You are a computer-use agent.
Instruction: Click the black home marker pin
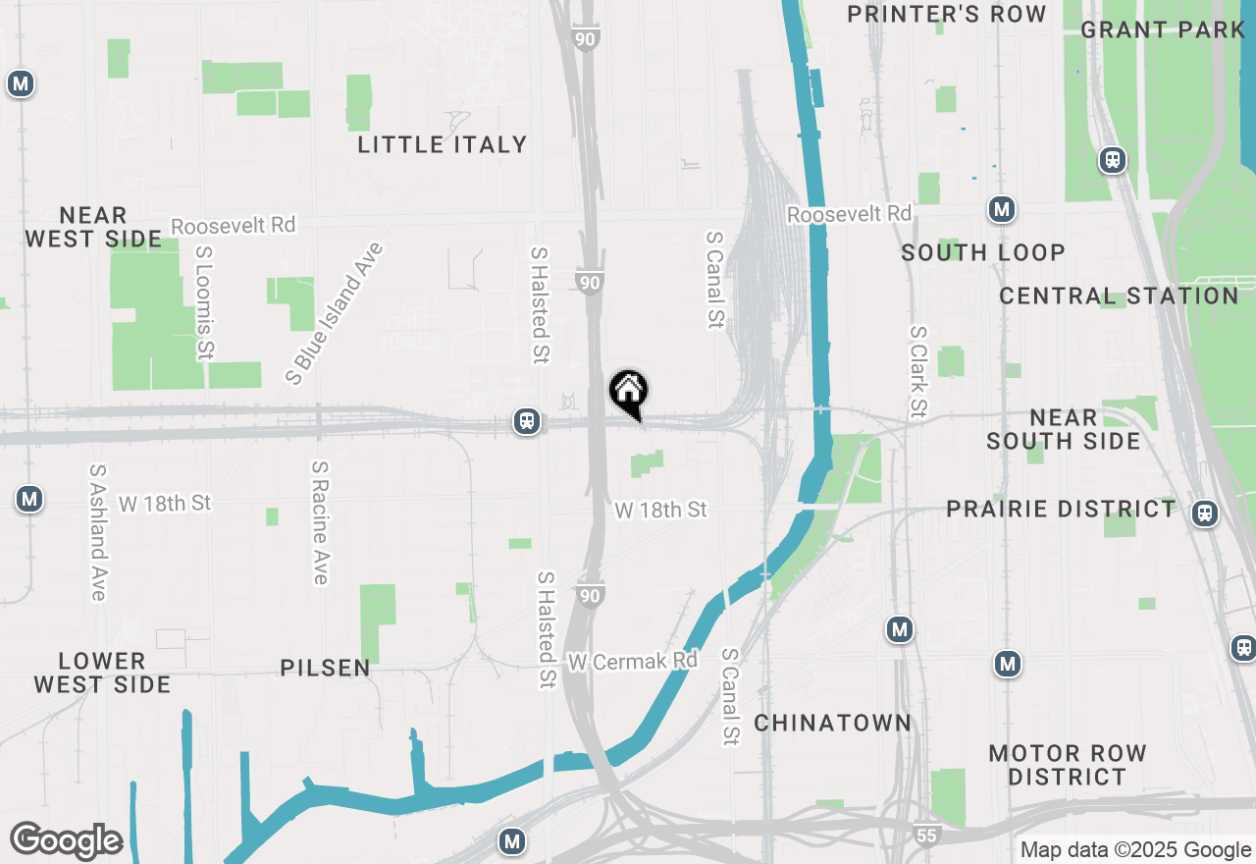(x=629, y=393)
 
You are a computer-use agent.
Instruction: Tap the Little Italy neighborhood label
(x=442, y=144)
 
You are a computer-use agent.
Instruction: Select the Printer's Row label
(x=947, y=14)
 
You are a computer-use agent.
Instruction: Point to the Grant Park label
(x=1163, y=29)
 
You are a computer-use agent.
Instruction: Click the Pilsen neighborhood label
(x=325, y=669)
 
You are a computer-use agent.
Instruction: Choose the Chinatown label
(x=833, y=724)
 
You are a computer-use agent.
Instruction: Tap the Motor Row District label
(x=1068, y=765)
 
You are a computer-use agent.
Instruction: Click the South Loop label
(x=983, y=252)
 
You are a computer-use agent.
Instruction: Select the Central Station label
(x=1119, y=296)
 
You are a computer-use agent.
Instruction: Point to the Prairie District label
(x=1061, y=509)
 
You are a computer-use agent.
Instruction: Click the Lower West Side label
(x=102, y=673)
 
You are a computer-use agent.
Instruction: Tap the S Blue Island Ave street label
(x=334, y=312)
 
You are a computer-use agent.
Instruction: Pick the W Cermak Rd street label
(x=632, y=661)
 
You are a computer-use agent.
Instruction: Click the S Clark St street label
(x=918, y=371)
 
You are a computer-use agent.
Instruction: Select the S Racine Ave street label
(x=320, y=522)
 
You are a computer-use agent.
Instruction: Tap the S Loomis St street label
(x=204, y=301)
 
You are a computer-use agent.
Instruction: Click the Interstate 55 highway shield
(x=927, y=836)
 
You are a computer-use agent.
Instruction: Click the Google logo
(x=66, y=840)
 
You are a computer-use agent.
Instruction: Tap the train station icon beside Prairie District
(x=1204, y=513)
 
